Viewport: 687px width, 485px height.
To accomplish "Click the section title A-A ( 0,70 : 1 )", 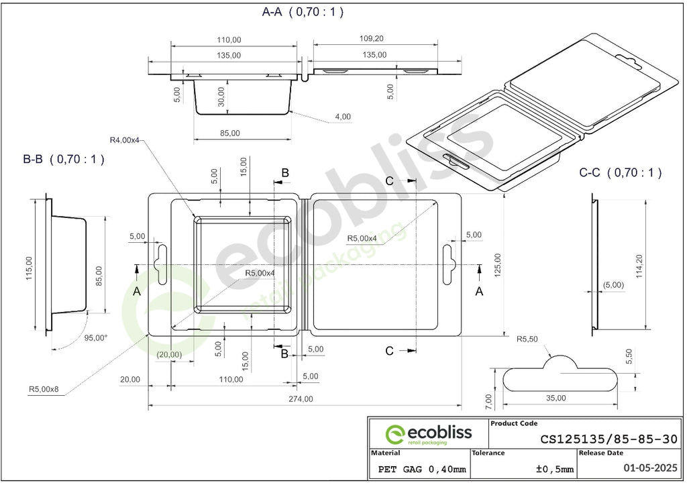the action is [x=303, y=12].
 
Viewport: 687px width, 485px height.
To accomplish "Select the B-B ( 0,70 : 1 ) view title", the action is [x=64, y=159].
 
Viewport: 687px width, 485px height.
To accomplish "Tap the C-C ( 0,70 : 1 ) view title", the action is [x=620, y=172].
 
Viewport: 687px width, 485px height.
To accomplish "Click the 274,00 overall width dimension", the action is [x=301, y=399].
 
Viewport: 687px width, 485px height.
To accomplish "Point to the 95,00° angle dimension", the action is [x=96, y=338].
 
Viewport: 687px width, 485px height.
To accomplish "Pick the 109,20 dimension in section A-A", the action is [x=372, y=38].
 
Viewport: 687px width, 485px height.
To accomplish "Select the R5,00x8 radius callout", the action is [x=44, y=389].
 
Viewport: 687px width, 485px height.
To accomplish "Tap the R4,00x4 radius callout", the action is [x=124, y=140].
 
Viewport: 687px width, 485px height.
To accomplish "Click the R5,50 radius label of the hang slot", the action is [x=527, y=339].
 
